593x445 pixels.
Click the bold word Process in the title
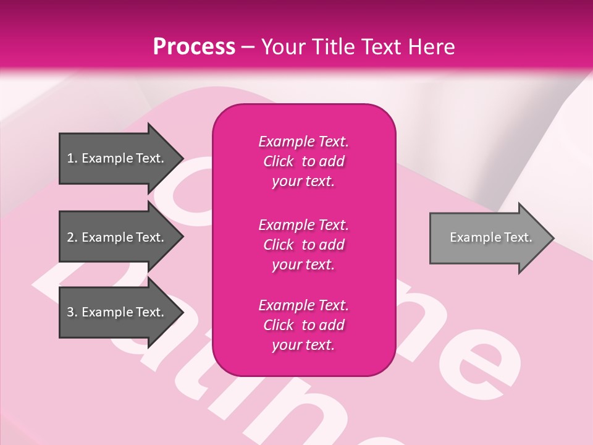tap(194, 47)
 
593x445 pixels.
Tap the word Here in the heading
tap(431, 47)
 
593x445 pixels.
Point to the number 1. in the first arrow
tap(72, 158)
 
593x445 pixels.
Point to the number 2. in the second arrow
tap(72, 237)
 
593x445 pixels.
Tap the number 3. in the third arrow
tap(72, 312)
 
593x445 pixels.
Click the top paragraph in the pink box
tap(303, 161)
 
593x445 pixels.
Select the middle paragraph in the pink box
tap(303, 244)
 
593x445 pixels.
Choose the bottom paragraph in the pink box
tap(303, 325)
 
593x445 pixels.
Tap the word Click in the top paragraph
tap(279, 161)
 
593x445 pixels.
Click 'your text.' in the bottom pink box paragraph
tap(303, 345)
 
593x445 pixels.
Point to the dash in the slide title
tap(248, 48)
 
